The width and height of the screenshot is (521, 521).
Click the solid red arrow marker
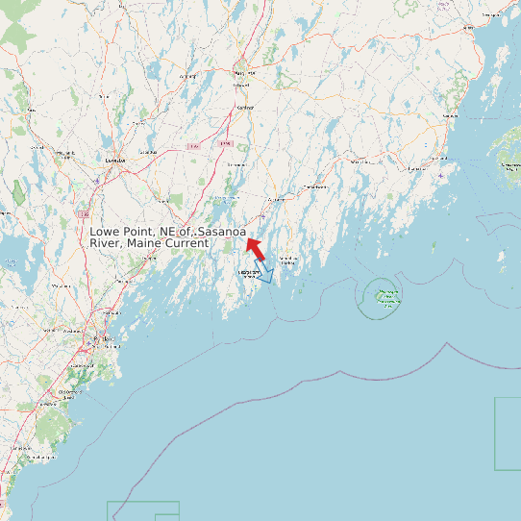pyautogui.click(x=254, y=248)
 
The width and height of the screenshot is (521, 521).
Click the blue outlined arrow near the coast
pyautogui.click(x=263, y=272)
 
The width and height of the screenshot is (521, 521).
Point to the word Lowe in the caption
pyautogui.click(x=106, y=232)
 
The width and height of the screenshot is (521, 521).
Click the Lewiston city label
pyautogui.click(x=115, y=160)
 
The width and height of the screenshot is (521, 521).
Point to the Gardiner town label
pyautogui.click(x=245, y=107)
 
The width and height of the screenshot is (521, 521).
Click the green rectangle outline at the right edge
pyautogui.click(x=509, y=434)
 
